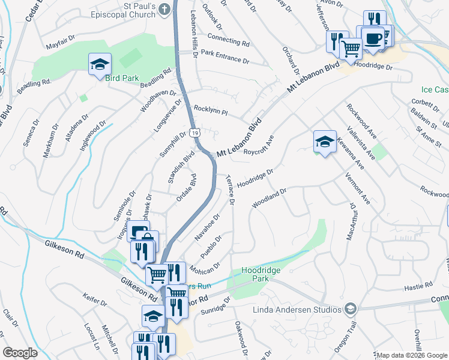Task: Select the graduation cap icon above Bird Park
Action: pos(100,64)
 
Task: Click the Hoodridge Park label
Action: pos(261,275)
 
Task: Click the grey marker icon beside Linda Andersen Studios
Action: pos(351,309)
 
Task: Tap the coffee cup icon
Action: pos(373,38)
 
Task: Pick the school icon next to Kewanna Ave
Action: pos(324,142)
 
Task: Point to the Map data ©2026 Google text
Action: pos(412,355)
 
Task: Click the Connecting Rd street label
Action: pos(228,40)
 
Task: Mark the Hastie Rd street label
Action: pos(419,286)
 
